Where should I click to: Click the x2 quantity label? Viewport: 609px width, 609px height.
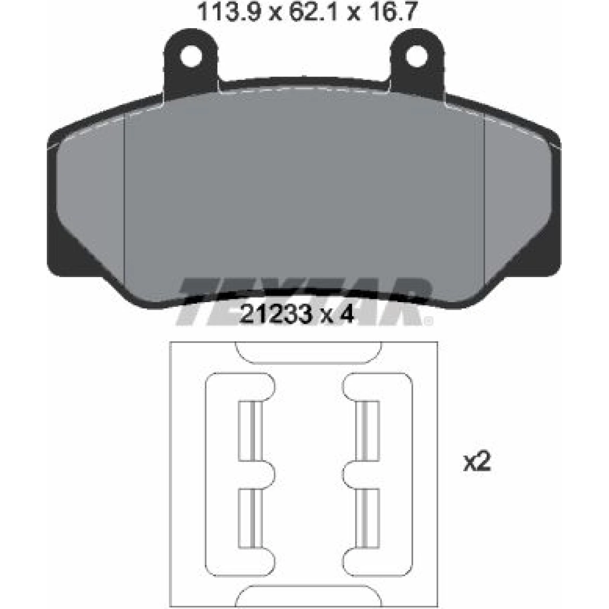coord(477,462)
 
